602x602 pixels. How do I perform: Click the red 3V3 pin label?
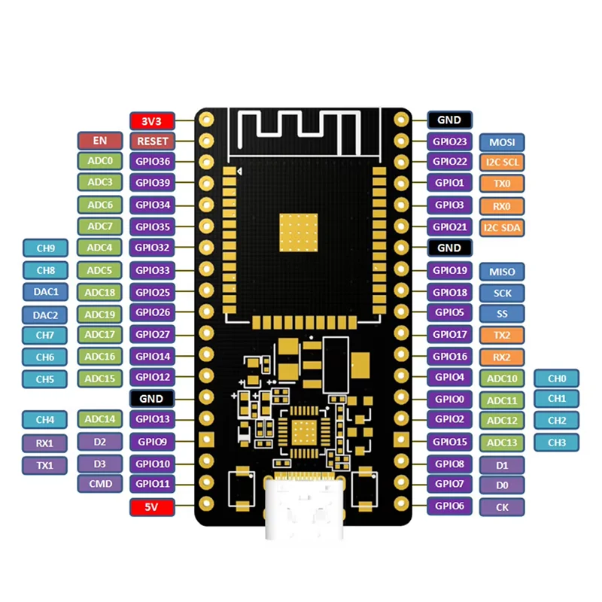[152, 120]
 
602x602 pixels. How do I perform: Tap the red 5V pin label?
[152, 507]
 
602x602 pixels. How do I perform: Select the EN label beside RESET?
[99, 140]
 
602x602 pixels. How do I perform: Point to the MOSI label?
[502, 141]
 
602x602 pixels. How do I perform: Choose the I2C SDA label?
[502, 227]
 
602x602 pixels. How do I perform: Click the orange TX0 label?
[502, 184]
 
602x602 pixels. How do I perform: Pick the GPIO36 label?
[152, 161]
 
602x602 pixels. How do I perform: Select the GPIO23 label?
[450, 141]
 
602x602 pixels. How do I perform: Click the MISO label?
[502, 271]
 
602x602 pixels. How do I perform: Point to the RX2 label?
[502, 357]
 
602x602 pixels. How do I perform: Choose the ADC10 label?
[502, 379]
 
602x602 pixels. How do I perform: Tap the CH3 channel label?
[557, 442]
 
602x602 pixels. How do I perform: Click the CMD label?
[99, 484]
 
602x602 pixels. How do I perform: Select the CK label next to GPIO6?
[502, 507]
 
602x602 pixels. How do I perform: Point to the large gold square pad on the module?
[299, 231]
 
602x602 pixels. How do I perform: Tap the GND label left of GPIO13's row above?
[152, 398]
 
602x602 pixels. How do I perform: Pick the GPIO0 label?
[450, 399]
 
